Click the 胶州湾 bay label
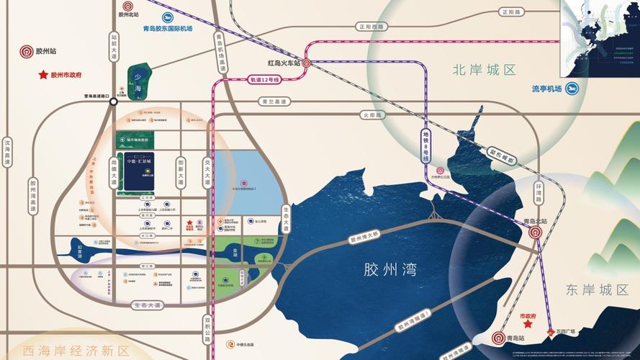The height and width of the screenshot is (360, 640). click(x=391, y=270)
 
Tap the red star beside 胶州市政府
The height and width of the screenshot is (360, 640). click(x=43, y=74)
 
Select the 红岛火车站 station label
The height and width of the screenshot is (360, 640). click(x=283, y=63)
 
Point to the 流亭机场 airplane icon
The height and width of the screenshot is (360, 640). click(x=572, y=89)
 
